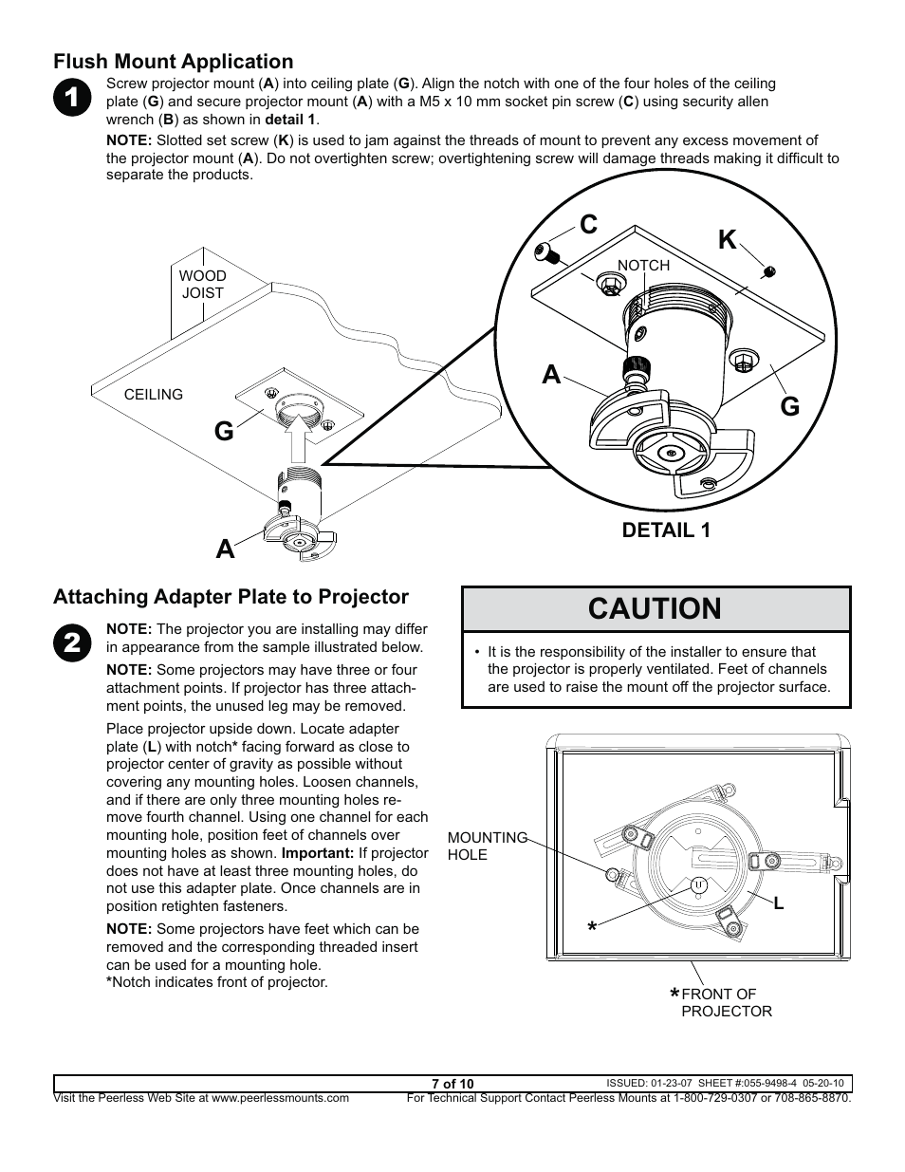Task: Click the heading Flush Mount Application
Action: (173, 62)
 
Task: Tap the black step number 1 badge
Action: (72, 100)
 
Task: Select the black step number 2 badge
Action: (72, 642)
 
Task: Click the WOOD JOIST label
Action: (202, 285)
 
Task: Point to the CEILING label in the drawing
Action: (154, 395)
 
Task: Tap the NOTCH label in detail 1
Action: (643, 266)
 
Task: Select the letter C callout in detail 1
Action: (588, 225)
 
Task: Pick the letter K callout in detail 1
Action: (727, 240)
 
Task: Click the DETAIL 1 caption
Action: (665, 530)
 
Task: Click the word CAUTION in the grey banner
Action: (655, 609)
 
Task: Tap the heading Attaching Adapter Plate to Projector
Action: (231, 597)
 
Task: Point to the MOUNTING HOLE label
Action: (487, 846)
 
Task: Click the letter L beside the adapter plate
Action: (778, 904)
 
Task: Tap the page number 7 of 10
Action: (452, 1084)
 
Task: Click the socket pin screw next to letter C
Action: (545, 252)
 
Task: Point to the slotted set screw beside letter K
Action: (771, 270)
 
